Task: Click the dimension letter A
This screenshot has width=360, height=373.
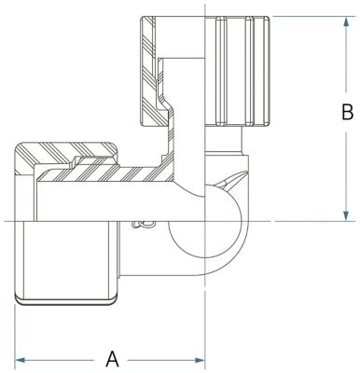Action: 112,359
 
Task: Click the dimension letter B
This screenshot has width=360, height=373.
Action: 347,112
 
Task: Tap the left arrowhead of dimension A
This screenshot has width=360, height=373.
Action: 20,360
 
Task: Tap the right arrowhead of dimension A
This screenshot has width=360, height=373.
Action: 200,360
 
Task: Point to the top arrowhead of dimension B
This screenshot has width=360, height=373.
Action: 346,21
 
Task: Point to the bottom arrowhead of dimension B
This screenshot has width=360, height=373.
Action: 346,216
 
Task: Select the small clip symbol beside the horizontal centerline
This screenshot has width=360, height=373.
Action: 143,225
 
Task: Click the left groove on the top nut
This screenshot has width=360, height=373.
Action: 220,71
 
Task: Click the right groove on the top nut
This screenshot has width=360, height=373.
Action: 249,71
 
